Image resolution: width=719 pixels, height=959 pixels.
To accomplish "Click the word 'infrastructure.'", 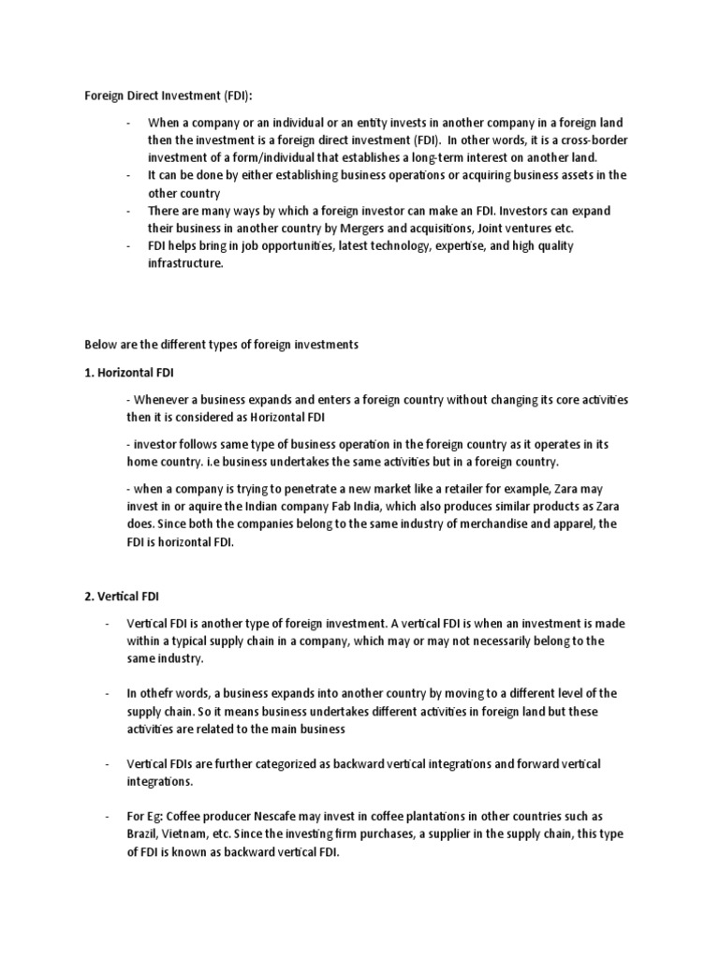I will point(185,263).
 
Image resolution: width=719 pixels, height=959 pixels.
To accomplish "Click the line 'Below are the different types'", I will point(221,345).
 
